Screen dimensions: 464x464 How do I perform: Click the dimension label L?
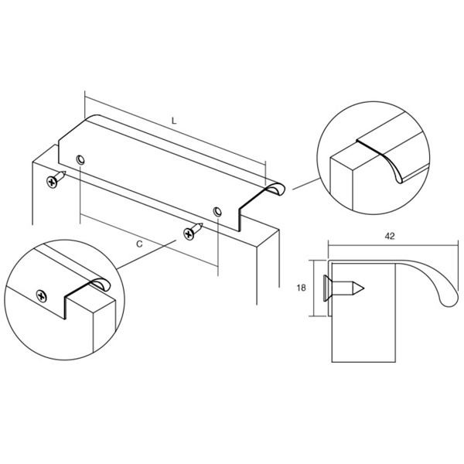[174, 121]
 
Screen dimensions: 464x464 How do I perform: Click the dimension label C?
[139, 244]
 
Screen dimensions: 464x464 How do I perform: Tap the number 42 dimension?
[390, 236]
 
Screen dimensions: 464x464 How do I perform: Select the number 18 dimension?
[301, 288]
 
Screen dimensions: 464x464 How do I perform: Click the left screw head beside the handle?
[53, 182]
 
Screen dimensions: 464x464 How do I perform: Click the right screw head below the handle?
[189, 234]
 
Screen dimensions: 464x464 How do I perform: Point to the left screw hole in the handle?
[80, 160]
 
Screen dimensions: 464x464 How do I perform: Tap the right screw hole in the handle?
[217, 212]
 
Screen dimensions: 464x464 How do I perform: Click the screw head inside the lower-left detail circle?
[42, 296]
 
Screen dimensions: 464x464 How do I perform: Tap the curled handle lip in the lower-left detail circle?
[101, 284]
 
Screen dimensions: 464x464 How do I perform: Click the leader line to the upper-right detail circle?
[306, 183]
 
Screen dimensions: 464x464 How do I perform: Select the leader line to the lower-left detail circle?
[147, 254]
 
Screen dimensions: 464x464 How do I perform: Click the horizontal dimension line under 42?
[394, 244]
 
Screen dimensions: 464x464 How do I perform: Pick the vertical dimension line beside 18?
[312, 288]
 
